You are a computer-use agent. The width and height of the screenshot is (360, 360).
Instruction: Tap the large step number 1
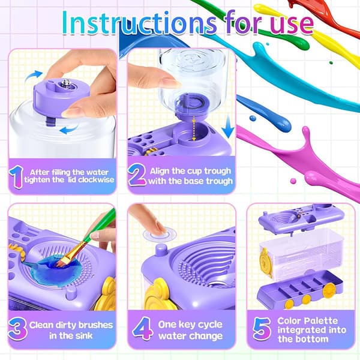(x=16, y=177)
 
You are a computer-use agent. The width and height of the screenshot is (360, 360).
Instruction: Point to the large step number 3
(x=18, y=329)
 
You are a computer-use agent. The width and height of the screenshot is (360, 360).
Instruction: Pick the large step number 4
(x=142, y=328)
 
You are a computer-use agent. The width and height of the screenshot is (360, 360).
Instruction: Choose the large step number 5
(x=262, y=329)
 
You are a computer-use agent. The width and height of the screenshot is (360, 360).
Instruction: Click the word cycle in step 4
(x=210, y=325)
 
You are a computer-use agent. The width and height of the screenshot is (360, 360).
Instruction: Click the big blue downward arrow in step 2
(x=229, y=126)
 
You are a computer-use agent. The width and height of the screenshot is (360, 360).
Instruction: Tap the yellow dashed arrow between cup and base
(x=194, y=128)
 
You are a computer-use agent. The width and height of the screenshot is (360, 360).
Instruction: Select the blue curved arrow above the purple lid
(x=34, y=75)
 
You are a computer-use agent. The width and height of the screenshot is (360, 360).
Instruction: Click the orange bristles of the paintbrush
(x=62, y=261)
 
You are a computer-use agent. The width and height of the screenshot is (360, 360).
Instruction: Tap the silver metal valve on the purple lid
(x=67, y=83)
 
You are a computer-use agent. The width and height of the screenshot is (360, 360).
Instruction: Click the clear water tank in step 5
(x=302, y=253)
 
